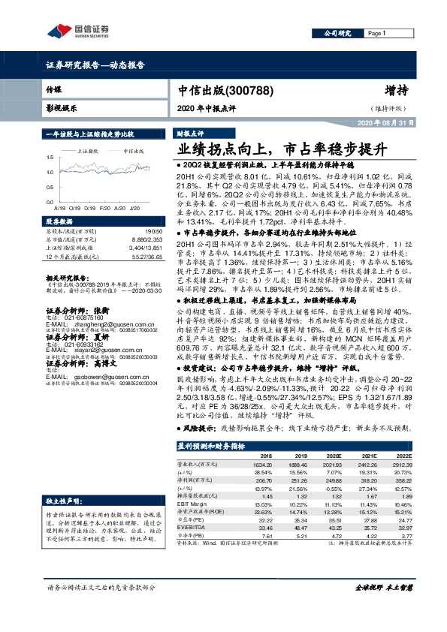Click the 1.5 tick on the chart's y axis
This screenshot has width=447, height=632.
pos(50,157)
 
